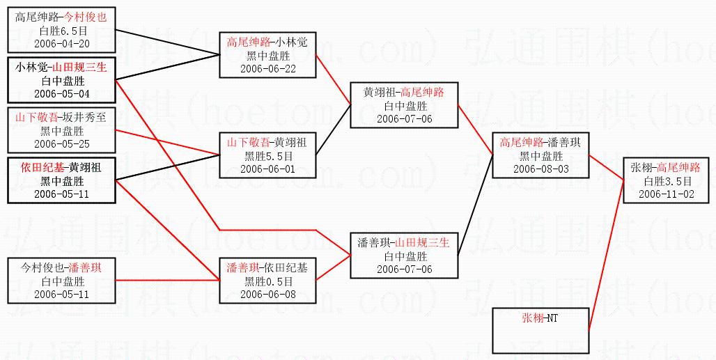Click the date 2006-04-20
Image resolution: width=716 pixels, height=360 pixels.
point(62,42)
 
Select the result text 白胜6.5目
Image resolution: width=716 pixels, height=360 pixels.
point(62,30)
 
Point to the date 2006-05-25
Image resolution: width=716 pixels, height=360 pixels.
point(62,143)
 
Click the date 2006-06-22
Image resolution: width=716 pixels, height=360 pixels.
point(268,68)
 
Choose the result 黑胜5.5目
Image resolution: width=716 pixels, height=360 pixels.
point(268,155)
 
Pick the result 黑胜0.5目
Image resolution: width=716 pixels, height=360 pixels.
point(268,281)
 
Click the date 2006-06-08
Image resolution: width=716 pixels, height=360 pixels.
point(268,294)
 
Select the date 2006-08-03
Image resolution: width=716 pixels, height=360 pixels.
point(541,169)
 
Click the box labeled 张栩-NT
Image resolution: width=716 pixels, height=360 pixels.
point(540,330)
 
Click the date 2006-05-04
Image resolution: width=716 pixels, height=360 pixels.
point(62,93)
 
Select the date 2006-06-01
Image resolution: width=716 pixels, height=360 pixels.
point(268,168)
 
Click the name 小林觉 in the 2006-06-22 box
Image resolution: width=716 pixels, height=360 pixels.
point(293,42)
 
